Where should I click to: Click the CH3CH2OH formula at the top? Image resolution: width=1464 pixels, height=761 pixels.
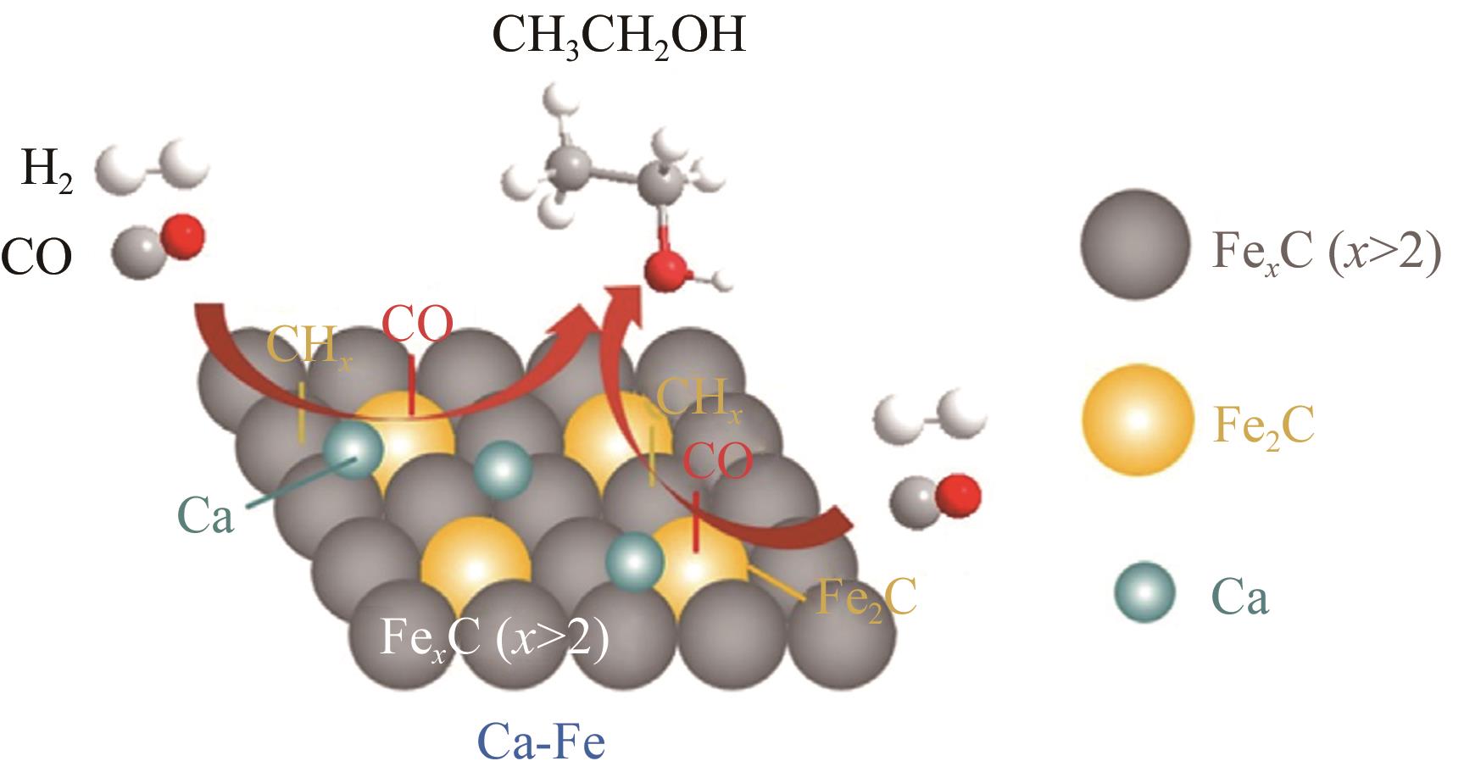tap(618, 36)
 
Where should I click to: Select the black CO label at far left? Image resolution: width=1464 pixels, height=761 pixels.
tap(36, 256)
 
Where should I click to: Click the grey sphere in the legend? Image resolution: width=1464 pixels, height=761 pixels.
tap(1135, 244)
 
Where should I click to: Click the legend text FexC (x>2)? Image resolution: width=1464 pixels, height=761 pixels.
tap(1326, 250)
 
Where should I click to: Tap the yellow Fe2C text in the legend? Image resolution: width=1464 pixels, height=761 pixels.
tap(1263, 426)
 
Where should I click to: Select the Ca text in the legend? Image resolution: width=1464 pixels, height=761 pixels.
tap(1239, 597)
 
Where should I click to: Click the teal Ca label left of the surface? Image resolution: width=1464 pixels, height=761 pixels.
tap(205, 515)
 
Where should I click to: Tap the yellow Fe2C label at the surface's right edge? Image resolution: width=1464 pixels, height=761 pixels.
tap(866, 598)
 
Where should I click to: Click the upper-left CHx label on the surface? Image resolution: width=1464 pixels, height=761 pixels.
tap(309, 347)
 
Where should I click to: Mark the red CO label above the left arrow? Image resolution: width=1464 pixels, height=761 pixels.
tap(417, 325)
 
